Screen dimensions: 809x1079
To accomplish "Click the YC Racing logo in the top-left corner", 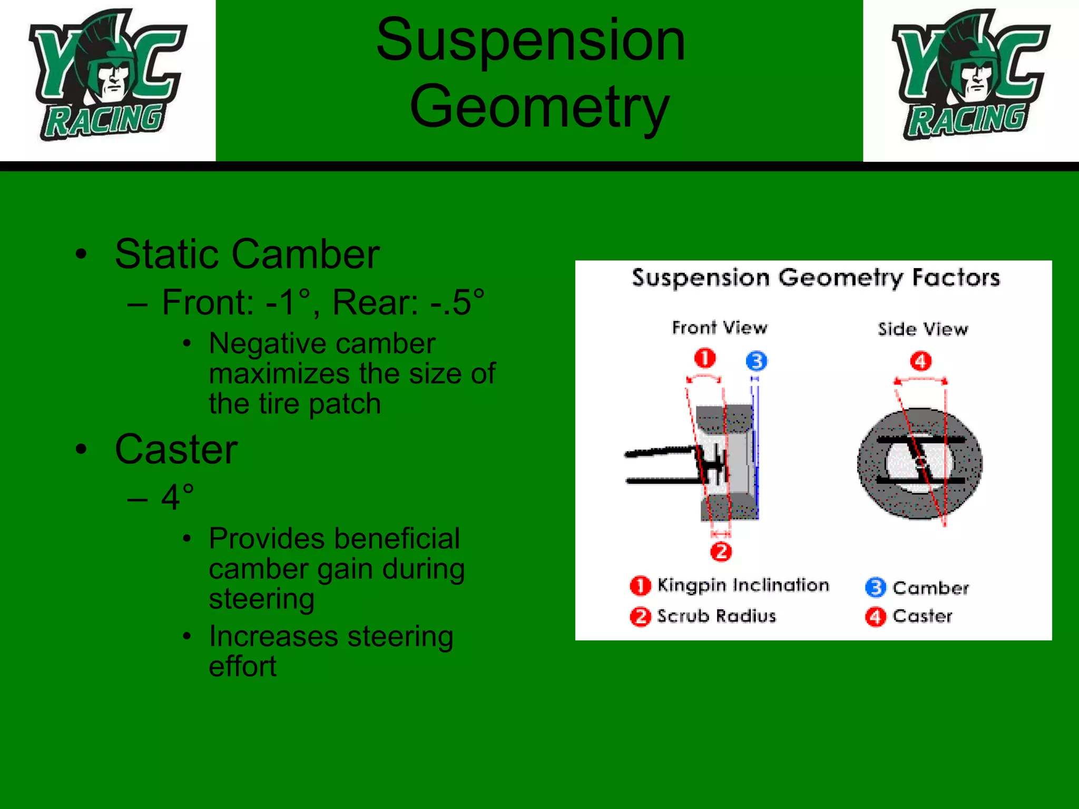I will [x=107, y=76].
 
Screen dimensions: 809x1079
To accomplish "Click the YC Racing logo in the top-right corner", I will [x=971, y=76].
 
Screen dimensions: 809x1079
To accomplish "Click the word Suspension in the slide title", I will [x=530, y=40].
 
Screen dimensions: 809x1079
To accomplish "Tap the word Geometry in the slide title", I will [x=539, y=107].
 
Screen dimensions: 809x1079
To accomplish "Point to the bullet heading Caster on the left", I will [x=176, y=449].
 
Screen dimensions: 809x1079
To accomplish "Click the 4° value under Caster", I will [x=178, y=497].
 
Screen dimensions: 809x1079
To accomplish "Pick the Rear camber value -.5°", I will [x=456, y=302].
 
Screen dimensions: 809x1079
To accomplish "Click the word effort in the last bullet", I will [x=242, y=666].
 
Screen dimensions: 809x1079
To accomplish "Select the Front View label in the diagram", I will [x=719, y=328].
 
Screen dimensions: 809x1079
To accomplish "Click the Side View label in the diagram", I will [x=923, y=329].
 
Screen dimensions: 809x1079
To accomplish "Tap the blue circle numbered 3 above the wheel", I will [x=757, y=361].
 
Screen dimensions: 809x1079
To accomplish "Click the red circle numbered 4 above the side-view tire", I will [x=921, y=361].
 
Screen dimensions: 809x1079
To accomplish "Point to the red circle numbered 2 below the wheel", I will [x=721, y=551].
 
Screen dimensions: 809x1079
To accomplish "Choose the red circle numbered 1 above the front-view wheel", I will [x=705, y=359].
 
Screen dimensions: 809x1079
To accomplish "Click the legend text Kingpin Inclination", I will [x=743, y=585].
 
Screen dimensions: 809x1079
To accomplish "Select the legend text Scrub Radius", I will [x=717, y=616].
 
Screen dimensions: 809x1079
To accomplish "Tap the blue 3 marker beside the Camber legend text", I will [x=875, y=587].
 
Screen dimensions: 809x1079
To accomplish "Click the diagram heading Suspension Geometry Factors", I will [x=816, y=278].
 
